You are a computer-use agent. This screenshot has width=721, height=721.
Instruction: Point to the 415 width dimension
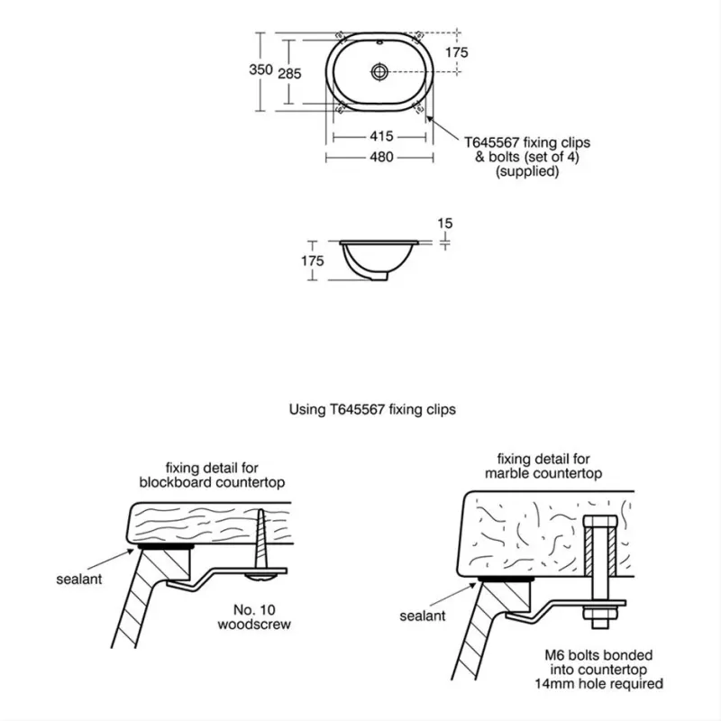(x=381, y=137)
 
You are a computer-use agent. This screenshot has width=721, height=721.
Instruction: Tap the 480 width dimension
(x=381, y=157)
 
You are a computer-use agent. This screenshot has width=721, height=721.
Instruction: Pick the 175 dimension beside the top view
(x=457, y=52)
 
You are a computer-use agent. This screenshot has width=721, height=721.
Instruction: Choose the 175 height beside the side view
(x=312, y=260)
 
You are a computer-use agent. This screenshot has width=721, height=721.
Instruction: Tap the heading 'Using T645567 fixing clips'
(x=372, y=409)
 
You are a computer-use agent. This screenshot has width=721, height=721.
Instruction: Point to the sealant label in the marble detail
(x=423, y=616)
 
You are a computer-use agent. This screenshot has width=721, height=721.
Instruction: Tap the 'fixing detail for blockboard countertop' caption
(x=213, y=475)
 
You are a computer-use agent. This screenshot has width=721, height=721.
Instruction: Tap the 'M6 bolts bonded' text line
(x=611, y=655)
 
